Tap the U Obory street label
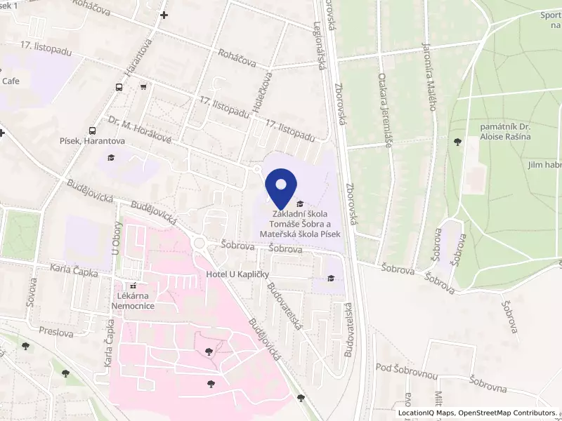[117, 238]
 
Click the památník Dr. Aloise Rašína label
[505, 131]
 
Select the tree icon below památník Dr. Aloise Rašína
[458, 142]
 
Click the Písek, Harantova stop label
[92, 141]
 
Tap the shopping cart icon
[143, 87]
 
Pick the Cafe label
[11, 81]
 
